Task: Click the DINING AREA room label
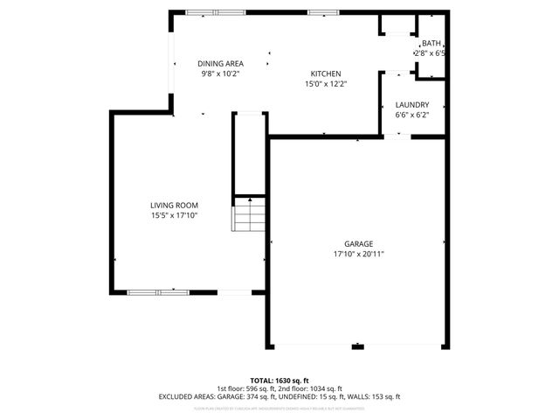(219, 63)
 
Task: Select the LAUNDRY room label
(412, 104)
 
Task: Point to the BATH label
(431, 44)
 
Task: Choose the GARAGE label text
(358, 243)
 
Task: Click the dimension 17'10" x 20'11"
(358, 254)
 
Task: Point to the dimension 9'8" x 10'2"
(219, 73)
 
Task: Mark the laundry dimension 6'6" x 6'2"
(412, 115)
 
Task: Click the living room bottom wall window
(158, 291)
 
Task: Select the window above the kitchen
(320, 12)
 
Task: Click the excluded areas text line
(279, 396)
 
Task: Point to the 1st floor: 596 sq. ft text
(249, 388)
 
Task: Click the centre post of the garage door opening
(358, 347)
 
